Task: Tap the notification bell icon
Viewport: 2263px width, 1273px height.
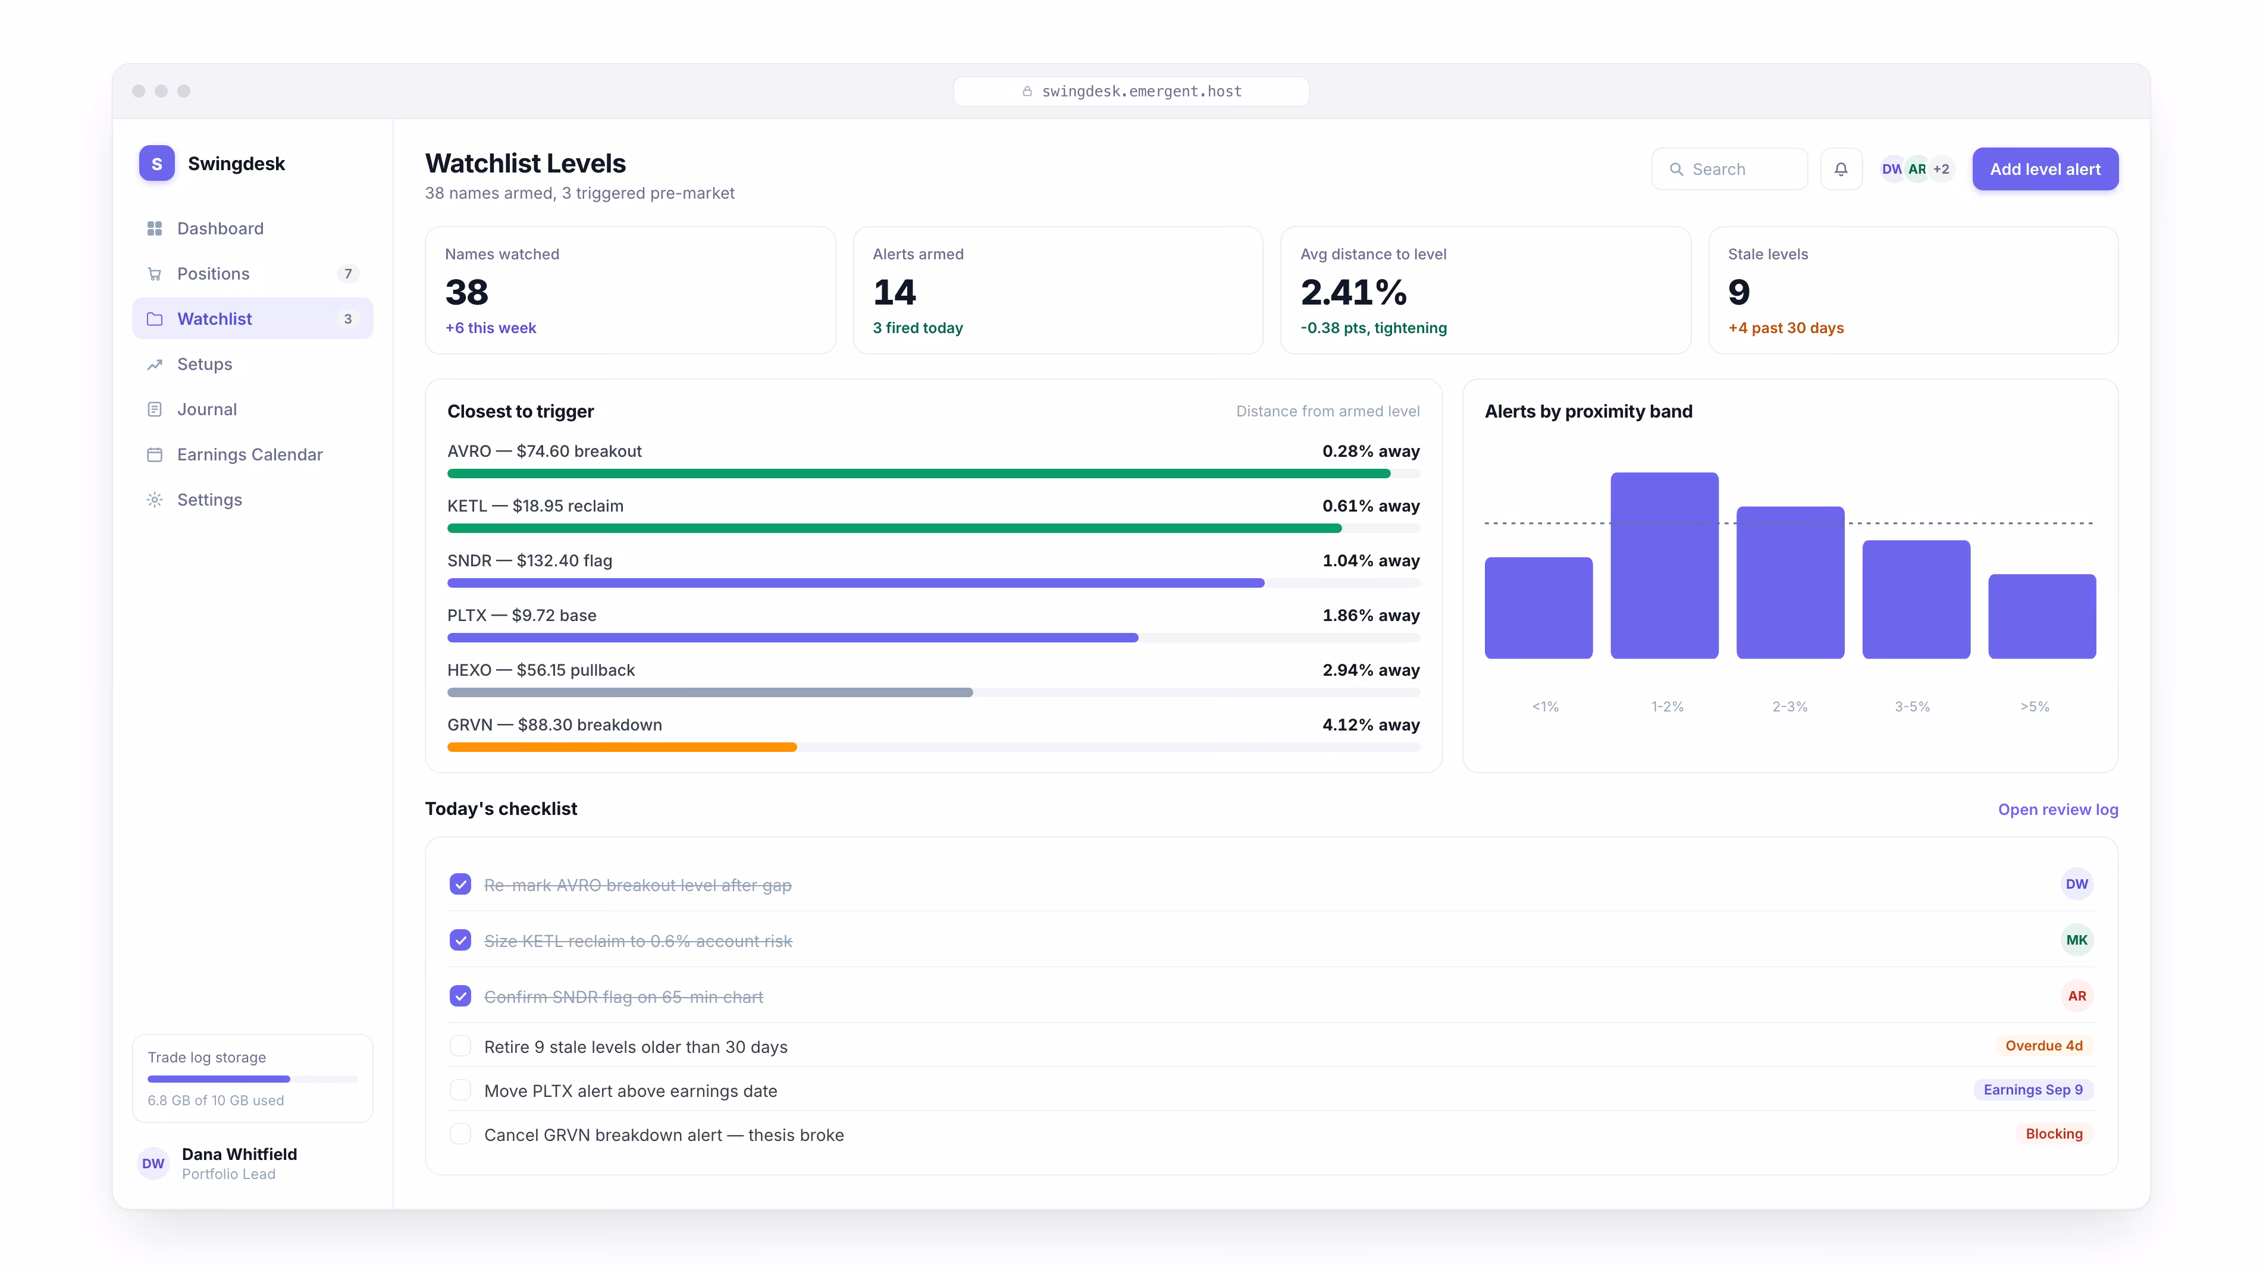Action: click(x=1841, y=169)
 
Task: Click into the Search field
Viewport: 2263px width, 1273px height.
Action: click(x=1729, y=169)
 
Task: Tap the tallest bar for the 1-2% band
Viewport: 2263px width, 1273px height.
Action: click(x=1664, y=565)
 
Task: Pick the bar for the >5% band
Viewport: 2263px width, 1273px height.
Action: click(x=2042, y=616)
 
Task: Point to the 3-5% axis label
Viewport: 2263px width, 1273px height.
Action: click(x=1911, y=706)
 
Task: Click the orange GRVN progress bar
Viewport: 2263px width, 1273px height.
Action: click(x=622, y=747)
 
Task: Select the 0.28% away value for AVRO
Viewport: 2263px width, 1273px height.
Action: click(x=1371, y=451)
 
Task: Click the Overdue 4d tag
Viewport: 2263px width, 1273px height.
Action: click(x=2043, y=1045)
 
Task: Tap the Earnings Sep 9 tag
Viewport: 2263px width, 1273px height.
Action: click(x=2033, y=1089)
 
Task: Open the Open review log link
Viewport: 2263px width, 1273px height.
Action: click(x=2057, y=809)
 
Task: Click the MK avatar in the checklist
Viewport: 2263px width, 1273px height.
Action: click(x=2077, y=940)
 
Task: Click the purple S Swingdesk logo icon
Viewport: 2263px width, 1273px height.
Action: click(x=156, y=164)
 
